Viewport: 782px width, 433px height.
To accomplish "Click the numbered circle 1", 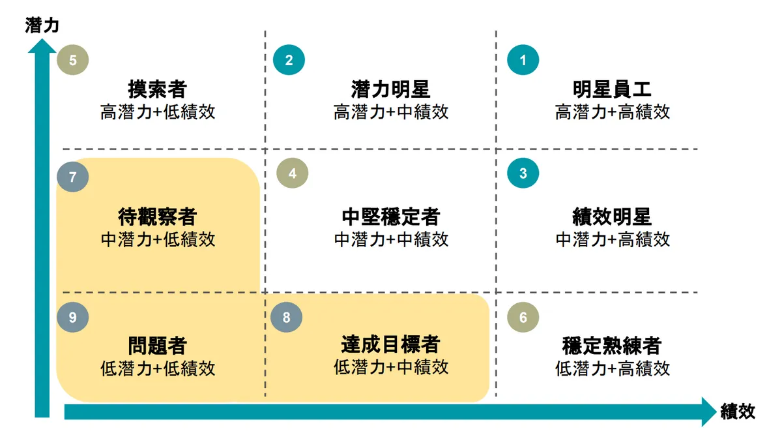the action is click(523, 60).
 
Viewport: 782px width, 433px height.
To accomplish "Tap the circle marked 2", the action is click(289, 60).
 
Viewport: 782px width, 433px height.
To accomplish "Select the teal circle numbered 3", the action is click(523, 173).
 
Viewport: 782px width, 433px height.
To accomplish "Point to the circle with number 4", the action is click(292, 173).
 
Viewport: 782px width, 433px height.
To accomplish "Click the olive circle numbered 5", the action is click(72, 60).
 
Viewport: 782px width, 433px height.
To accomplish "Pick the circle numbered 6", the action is click(523, 317).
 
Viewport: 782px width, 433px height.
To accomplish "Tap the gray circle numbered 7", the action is click(72, 177).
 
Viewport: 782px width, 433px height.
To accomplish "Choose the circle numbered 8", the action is click(286, 317).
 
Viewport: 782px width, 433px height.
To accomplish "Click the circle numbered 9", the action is click(72, 317).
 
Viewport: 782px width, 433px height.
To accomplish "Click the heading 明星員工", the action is click(612, 89).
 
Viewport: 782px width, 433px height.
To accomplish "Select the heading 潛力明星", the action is click(390, 89).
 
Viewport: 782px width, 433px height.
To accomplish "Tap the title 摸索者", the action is click(158, 89).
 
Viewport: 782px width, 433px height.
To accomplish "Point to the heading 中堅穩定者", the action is click(390, 216).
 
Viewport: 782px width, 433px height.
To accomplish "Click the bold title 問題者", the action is click(158, 345).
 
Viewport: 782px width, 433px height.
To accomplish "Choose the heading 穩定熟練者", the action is click(612, 345).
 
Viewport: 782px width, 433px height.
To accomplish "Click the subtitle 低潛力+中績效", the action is click(390, 367).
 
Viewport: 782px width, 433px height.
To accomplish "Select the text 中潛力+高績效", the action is click(613, 240).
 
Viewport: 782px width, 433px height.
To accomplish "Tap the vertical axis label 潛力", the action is click(42, 25).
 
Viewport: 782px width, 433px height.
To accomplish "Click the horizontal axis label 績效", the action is click(738, 411).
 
